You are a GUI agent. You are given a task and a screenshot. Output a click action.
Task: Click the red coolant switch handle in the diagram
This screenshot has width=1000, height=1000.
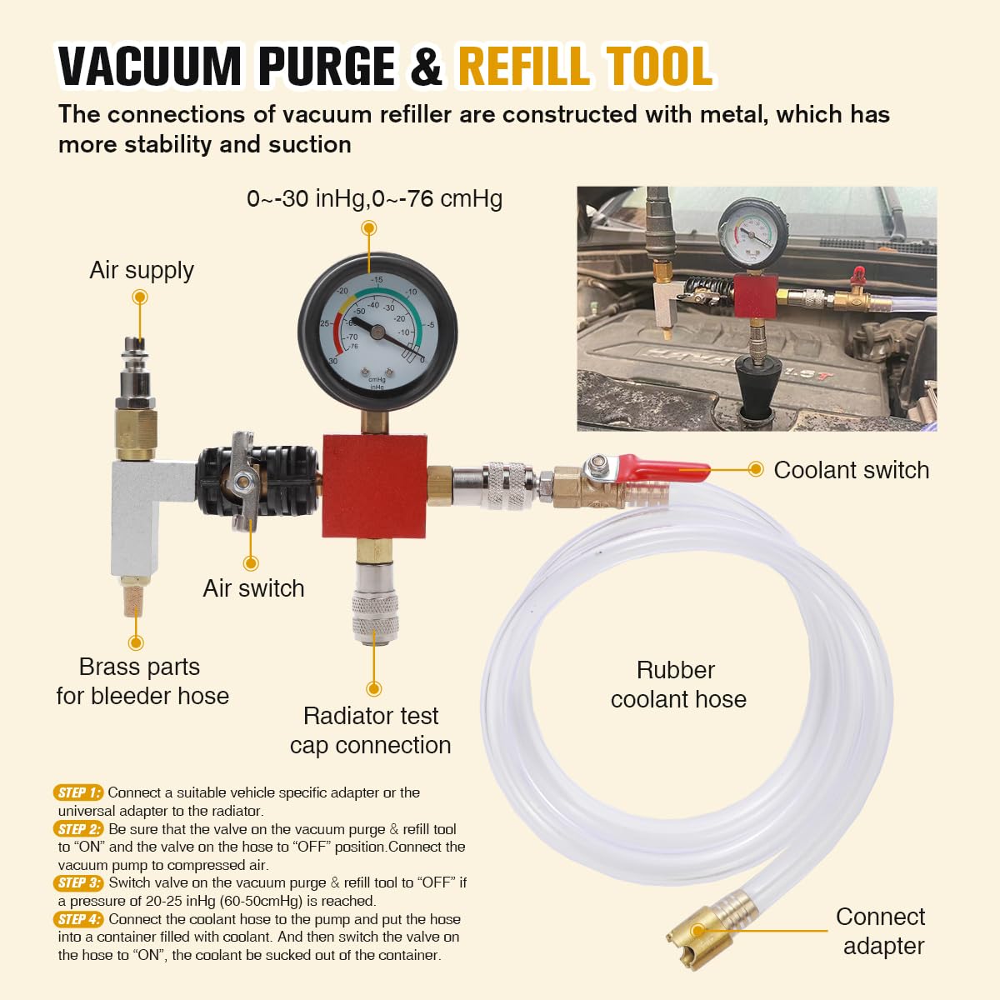(662, 468)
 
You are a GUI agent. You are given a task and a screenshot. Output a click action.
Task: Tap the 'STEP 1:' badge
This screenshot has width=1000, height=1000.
(78, 792)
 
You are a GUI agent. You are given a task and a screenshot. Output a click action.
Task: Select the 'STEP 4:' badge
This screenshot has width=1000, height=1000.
(78, 919)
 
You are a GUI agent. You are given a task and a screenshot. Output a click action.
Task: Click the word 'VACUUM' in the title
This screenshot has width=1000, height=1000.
(150, 66)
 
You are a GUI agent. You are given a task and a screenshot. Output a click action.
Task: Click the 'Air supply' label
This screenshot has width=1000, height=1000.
(142, 270)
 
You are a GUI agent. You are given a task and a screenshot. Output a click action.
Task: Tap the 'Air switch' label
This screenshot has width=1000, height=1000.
(254, 588)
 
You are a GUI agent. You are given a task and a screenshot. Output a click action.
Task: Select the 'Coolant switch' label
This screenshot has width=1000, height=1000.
(852, 470)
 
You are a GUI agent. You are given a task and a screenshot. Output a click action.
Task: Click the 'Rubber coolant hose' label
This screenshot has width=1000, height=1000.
(678, 684)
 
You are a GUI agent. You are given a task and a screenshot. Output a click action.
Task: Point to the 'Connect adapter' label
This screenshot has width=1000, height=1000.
(881, 931)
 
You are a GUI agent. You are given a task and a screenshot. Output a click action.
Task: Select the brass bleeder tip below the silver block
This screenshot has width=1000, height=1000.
(134, 600)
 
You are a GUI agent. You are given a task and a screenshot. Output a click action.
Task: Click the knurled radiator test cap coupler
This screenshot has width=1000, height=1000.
(375, 617)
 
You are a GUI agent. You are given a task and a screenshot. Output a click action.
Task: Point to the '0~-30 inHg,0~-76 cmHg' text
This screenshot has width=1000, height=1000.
(375, 199)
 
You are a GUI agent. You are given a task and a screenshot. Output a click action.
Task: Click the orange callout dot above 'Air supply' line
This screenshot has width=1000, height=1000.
(140, 297)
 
